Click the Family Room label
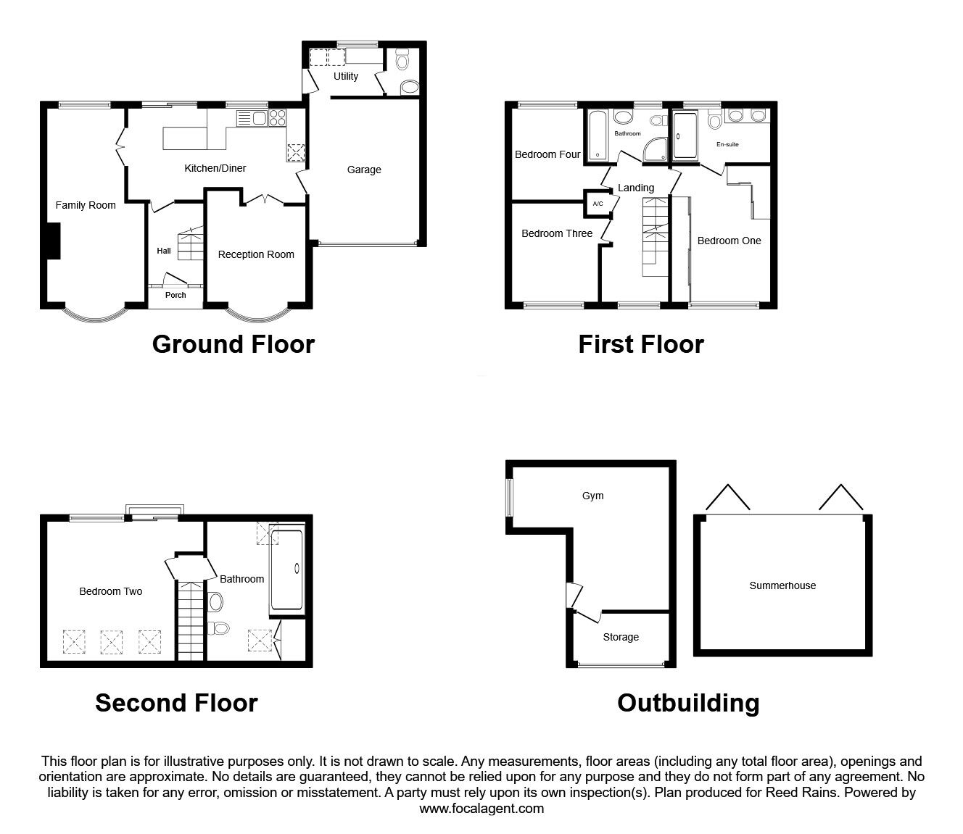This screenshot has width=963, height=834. [x=86, y=205]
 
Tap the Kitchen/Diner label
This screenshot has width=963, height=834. [x=215, y=168]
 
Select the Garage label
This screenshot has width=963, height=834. [x=364, y=170]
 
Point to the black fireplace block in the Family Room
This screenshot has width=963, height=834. [x=54, y=241]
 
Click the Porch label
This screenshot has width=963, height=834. [x=175, y=295]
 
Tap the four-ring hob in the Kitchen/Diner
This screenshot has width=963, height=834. [x=277, y=118]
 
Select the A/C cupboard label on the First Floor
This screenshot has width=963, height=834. [x=598, y=204]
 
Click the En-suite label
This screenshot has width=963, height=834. [x=727, y=144]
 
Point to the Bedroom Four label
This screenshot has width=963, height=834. [x=547, y=154]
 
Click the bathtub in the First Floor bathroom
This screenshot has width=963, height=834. [x=598, y=135]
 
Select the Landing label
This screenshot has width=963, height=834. [x=636, y=188]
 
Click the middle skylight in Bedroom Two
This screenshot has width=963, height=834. [x=112, y=642]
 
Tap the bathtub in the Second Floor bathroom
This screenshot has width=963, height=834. [x=287, y=570]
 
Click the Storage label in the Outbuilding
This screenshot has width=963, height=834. [x=621, y=637]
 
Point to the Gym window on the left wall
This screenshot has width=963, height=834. [x=510, y=498]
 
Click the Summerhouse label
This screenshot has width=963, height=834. [x=782, y=585]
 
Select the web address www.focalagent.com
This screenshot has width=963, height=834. [x=481, y=809]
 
